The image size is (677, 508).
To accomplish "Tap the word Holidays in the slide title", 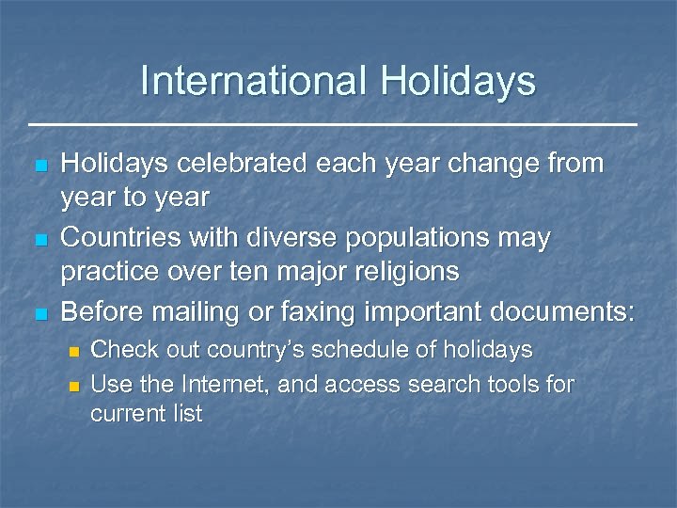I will click(458, 82).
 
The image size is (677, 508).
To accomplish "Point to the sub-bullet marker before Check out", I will click(75, 352).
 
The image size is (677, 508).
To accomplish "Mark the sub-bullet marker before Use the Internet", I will click(75, 386).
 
